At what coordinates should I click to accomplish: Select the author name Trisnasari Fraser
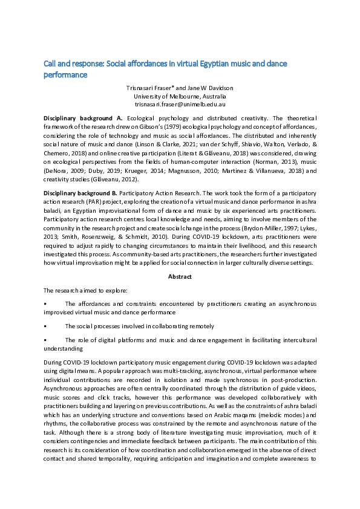(x=149, y=88)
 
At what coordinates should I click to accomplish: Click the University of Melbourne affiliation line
(x=180, y=96)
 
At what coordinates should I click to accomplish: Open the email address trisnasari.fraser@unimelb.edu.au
(x=180, y=103)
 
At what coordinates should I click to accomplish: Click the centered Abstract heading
(x=180, y=276)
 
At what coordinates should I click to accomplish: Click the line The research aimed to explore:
(x=81, y=290)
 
